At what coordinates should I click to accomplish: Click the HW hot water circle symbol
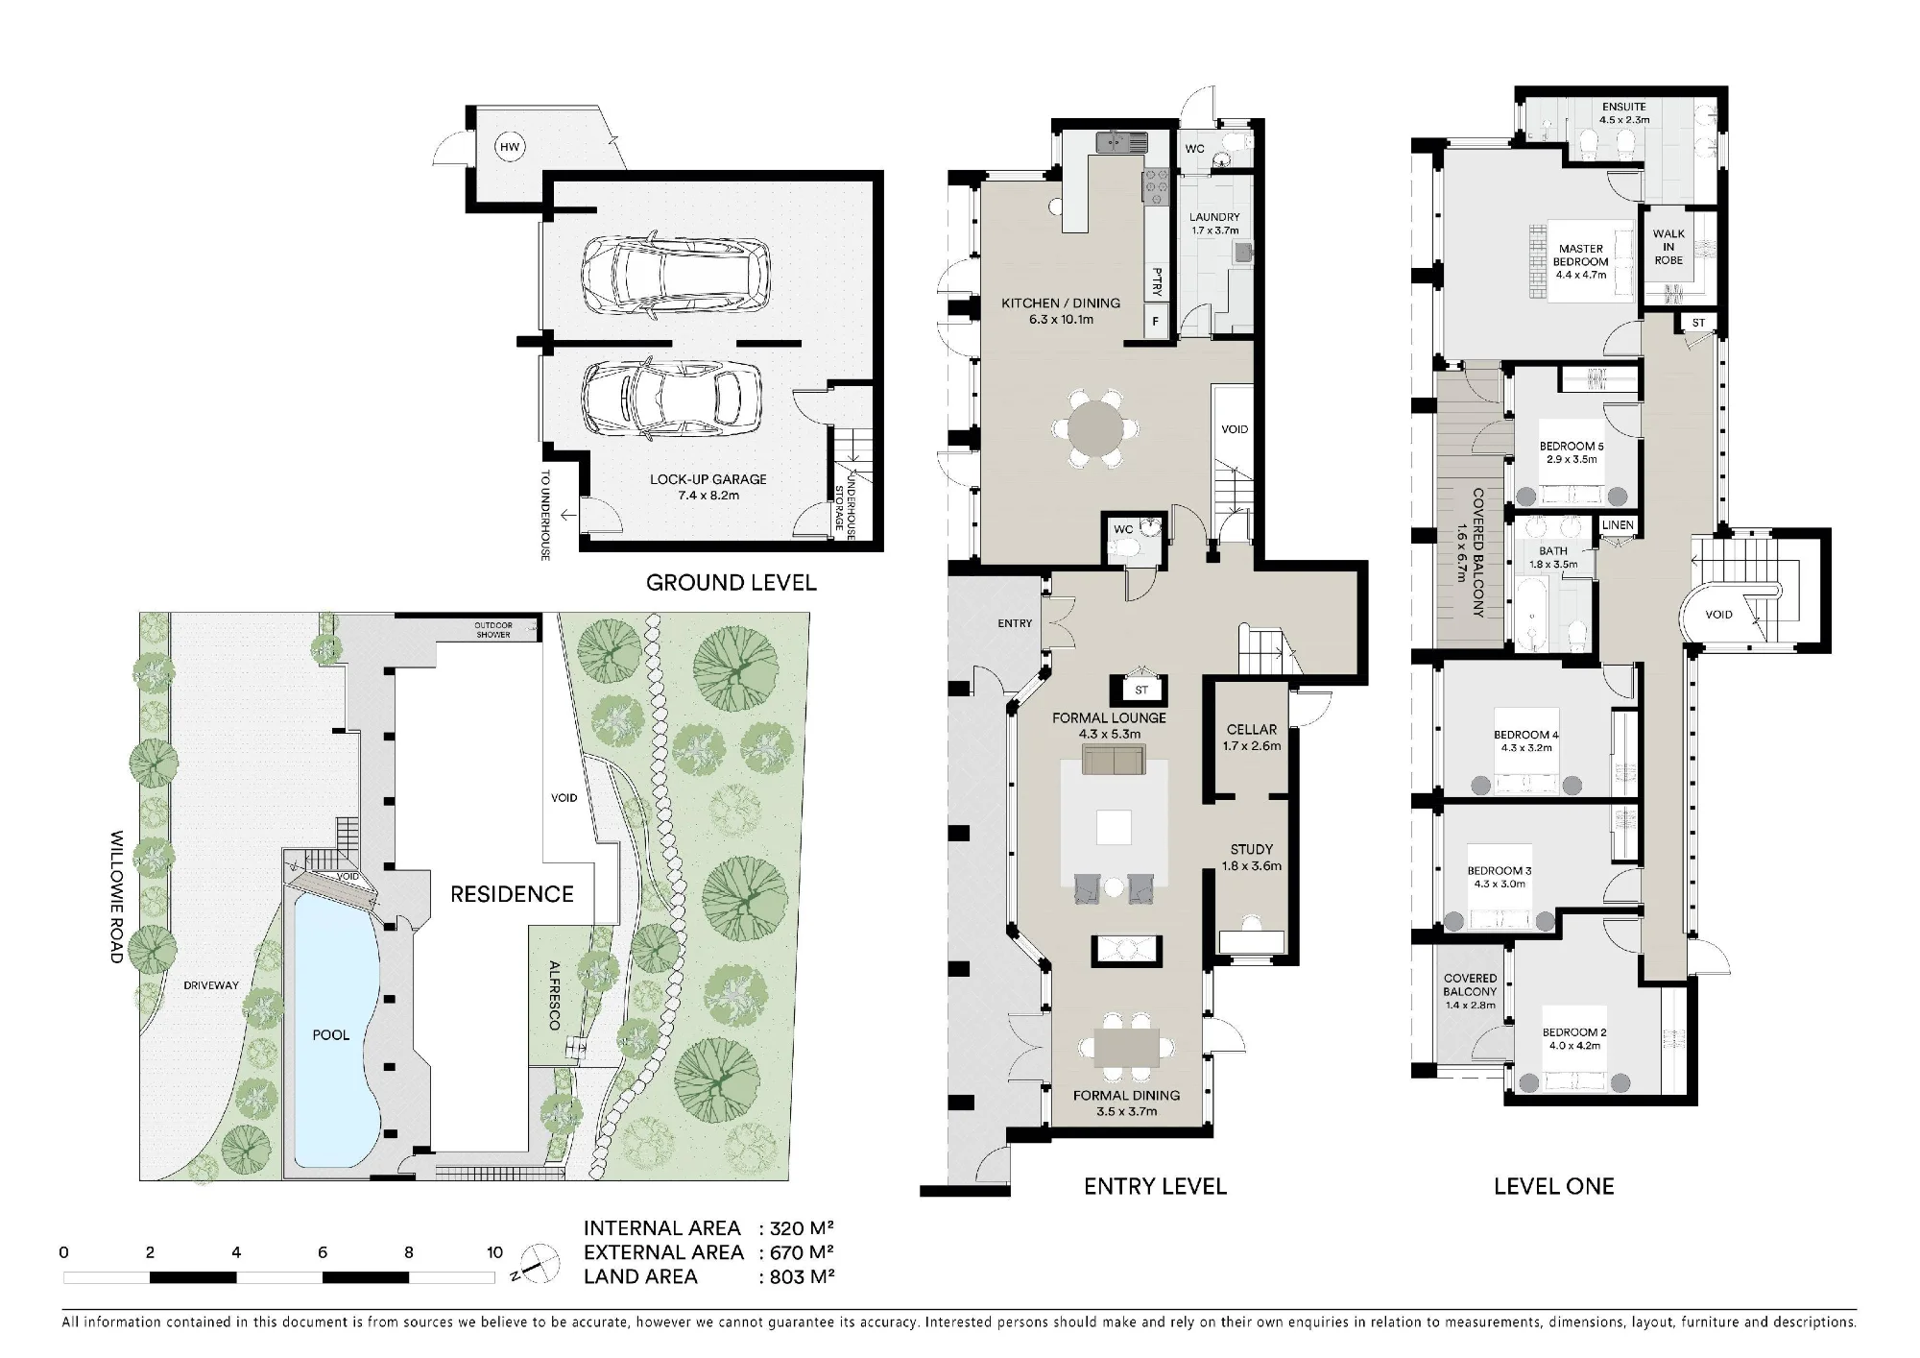tap(509, 147)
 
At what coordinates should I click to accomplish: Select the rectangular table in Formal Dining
tap(1126, 1048)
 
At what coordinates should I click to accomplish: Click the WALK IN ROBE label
tap(1668, 247)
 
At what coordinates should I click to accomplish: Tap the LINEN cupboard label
tap(1618, 525)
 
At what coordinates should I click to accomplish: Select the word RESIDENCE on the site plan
tap(512, 894)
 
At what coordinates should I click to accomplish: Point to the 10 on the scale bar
tap(494, 1252)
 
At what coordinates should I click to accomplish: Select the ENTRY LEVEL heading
tap(1155, 1186)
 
